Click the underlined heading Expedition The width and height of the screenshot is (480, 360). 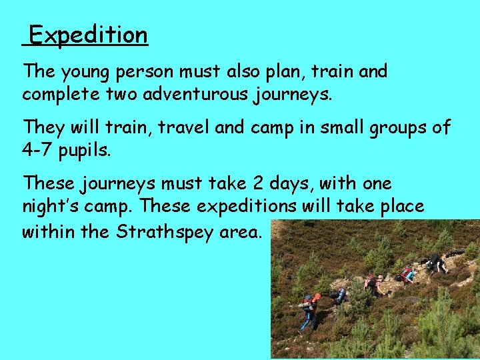click(x=88, y=35)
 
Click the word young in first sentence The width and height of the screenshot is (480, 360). click(x=89, y=71)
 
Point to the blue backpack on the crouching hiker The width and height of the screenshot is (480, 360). click(x=340, y=294)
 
